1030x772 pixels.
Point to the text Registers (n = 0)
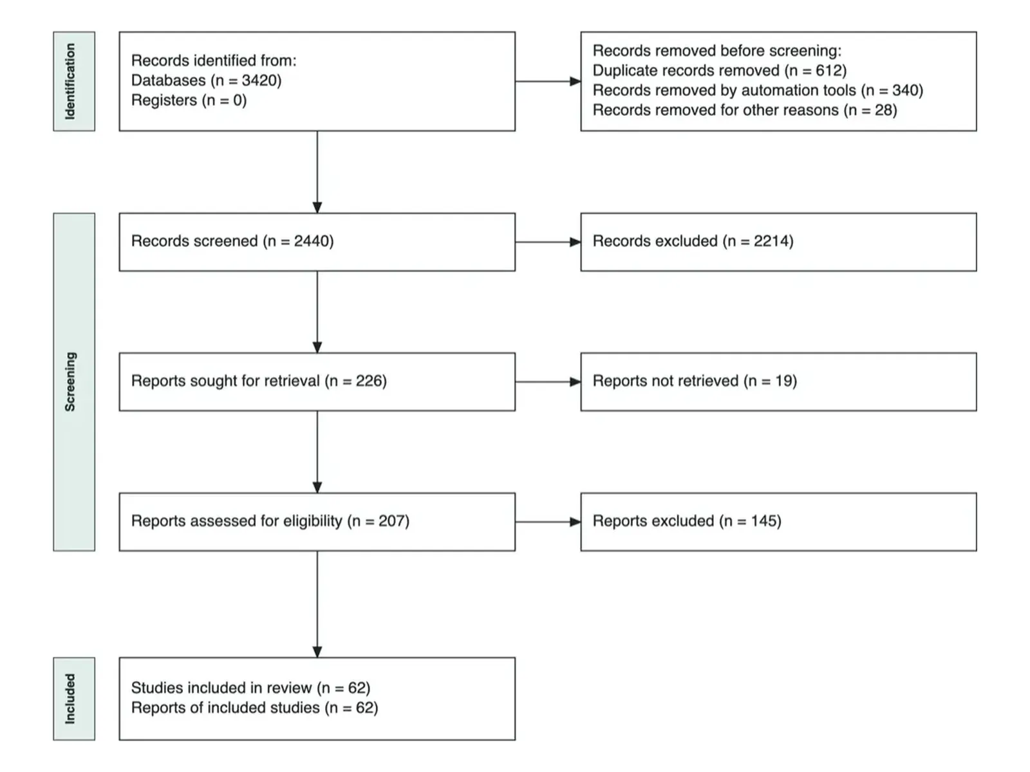[x=189, y=100]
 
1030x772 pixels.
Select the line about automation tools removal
[x=758, y=90]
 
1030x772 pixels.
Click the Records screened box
[x=317, y=242]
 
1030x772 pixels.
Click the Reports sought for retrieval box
[x=317, y=381]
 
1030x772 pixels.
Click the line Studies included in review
[x=250, y=688]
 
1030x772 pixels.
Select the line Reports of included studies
[x=255, y=707]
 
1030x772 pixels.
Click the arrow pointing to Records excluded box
[x=548, y=242]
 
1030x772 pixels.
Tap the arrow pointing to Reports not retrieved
[x=548, y=381]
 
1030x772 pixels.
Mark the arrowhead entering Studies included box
[x=317, y=652]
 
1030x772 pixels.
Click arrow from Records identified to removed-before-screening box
[x=548, y=81]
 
